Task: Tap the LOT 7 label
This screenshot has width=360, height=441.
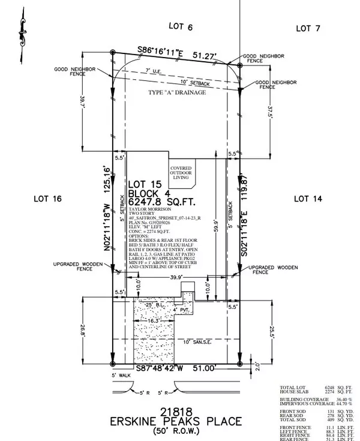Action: (308, 28)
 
